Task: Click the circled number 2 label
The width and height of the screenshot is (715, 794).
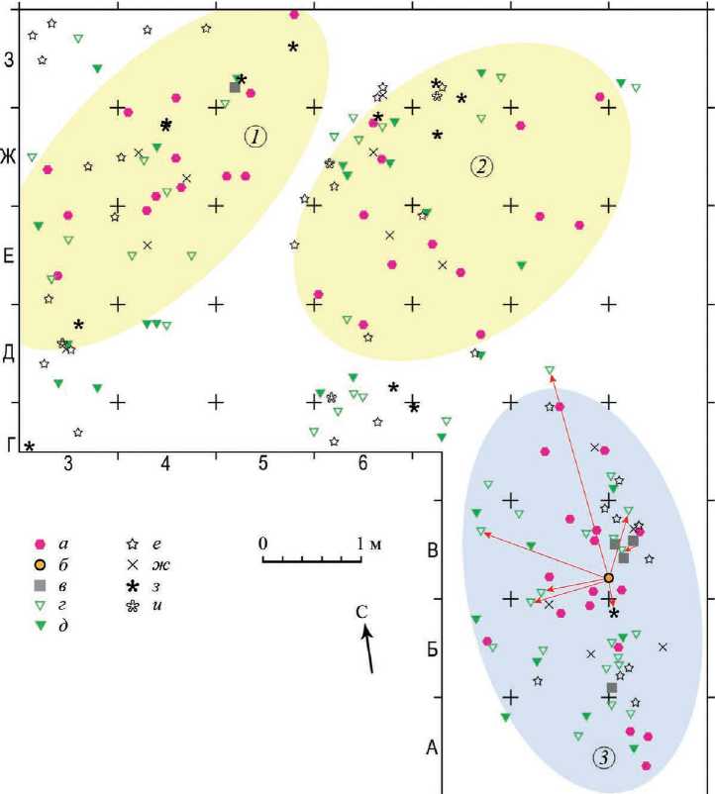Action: [481, 166]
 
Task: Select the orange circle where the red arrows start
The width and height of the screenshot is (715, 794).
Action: [609, 577]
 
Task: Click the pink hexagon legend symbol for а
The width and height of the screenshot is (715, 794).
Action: [41, 544]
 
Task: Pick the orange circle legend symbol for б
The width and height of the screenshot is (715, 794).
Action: [41, 563]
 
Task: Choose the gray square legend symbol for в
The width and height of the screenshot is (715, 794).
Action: [41, 584]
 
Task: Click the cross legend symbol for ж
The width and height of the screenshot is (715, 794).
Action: [131, 564]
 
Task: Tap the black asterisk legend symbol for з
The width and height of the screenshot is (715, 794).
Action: [131, 585]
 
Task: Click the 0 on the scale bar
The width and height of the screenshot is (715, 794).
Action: [263, 543]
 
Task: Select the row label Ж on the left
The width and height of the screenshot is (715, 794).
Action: [11, 156]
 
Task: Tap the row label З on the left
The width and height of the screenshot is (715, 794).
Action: [11, 59]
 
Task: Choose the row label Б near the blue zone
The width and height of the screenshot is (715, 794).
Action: [432, 650]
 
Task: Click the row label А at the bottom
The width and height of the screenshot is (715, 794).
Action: [432, 747]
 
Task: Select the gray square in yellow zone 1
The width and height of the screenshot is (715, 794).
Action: [235, 87]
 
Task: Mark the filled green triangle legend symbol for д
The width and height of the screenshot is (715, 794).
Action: [41, 625]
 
